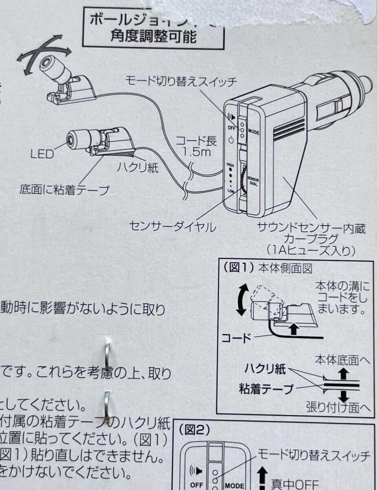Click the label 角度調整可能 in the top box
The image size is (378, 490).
tap(153, 37)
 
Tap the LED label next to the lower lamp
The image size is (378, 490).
tap(42, 154)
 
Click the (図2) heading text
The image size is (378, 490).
tap(194, 429)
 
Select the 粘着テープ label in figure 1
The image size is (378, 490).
tap(266, 388)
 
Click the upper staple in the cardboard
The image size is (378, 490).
tap(107, 354)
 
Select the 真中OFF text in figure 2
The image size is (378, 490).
tap(294, 484)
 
